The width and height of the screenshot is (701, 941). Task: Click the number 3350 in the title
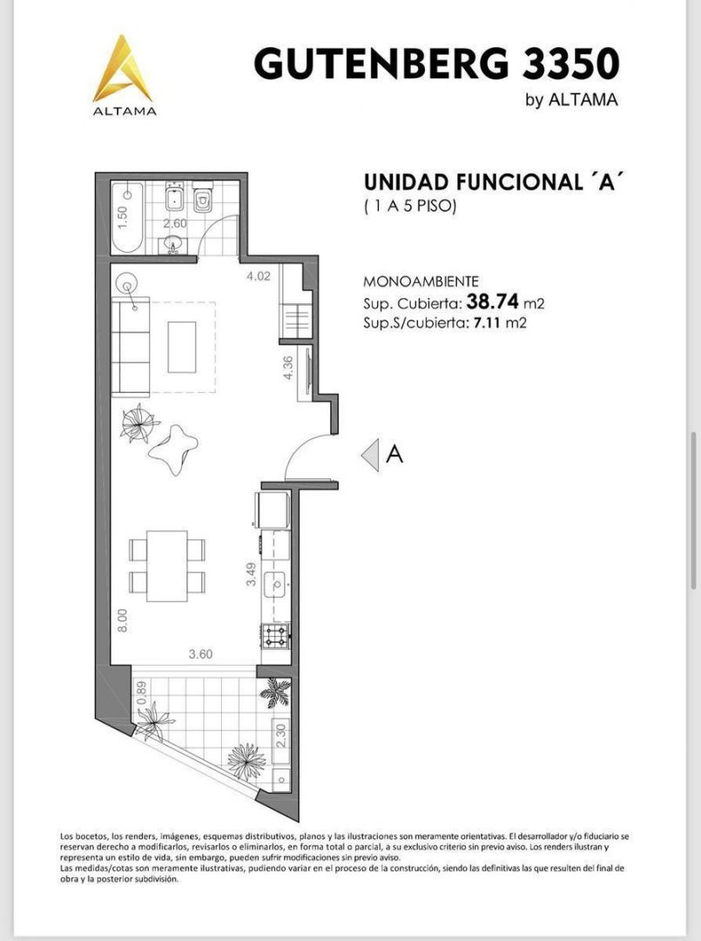click(571, 64)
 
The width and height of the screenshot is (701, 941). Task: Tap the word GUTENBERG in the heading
click(382, 64)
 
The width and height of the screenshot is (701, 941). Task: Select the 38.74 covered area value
click(492, 300)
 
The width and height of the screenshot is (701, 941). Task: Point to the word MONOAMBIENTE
click(421, 281)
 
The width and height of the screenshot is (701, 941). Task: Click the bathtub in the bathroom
click(127, 218)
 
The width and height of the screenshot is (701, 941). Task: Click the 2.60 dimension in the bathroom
click(175, 224)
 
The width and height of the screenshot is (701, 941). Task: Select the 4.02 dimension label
click(259, 277)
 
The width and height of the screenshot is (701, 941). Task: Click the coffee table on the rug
click(182, 347)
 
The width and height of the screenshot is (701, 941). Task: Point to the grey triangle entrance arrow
click(370, 455)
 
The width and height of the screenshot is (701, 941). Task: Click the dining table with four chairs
click(166, 565)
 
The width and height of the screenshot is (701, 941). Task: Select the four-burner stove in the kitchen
click(275, 635)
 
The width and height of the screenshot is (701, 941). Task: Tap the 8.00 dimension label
click(122, 620)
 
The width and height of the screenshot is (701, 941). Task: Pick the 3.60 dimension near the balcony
click(200, 654)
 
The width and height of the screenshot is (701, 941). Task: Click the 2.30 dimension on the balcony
click(281, 735)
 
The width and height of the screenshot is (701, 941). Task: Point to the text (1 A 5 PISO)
click(411, 206)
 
